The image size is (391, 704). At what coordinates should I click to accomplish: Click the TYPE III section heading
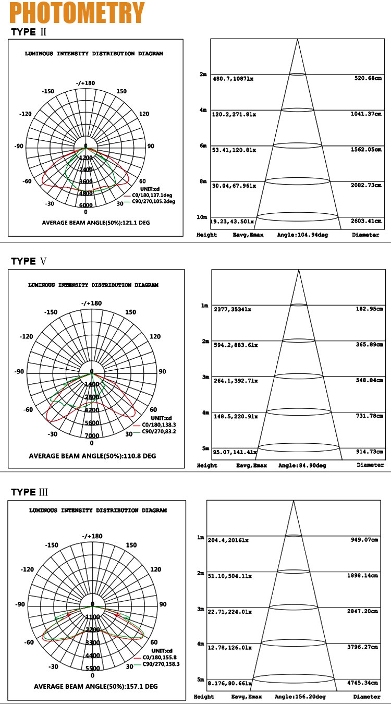pos(30,492)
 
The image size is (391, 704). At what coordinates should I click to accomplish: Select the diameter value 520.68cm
pos(367,78)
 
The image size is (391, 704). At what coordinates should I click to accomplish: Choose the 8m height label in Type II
pos(203,181)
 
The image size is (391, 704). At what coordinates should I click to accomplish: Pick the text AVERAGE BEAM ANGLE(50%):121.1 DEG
pos(96,223)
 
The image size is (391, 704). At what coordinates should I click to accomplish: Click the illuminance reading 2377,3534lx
pos(233,309)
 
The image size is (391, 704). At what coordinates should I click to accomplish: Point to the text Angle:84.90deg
pos(302,465)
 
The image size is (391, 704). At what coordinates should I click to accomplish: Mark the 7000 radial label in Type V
pos(92,435)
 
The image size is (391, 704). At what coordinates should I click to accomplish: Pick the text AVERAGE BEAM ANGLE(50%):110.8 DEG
pos(92,456)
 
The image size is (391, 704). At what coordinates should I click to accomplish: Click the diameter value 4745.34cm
pos(365,682)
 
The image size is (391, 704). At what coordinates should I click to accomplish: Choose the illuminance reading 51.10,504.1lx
pos(230,576)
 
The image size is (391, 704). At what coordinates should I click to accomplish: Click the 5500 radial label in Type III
pos(92,668)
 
